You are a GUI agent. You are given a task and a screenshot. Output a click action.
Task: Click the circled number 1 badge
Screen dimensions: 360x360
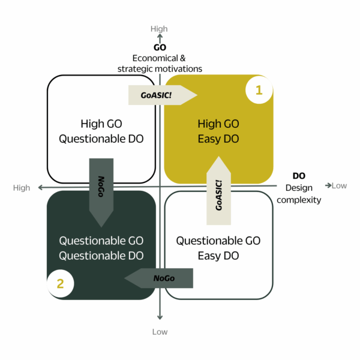pos(259,91)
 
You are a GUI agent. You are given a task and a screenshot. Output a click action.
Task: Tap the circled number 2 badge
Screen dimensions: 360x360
pos(60,283)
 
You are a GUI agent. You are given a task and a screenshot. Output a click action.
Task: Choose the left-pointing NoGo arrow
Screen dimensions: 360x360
pos(159,278)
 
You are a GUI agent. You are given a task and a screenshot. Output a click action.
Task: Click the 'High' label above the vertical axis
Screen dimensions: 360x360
pos(160,29)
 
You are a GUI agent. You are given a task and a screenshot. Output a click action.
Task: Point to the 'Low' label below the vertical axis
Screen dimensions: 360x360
pos(160,332)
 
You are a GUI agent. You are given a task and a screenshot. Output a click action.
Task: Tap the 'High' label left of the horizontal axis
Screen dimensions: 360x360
pos(22,188)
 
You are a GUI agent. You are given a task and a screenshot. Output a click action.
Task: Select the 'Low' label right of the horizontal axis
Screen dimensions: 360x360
pos(339,185)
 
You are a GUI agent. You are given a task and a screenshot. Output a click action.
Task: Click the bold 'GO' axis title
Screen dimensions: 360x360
pos(160,47)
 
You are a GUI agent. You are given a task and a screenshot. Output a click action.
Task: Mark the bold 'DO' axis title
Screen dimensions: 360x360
pos(299,176)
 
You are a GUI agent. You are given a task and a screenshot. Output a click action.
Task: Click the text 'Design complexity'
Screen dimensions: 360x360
pos(299,194)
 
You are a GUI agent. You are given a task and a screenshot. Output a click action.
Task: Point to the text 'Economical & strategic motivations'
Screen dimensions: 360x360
pos(160,64)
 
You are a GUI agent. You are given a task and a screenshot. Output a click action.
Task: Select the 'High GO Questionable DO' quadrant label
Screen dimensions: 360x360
pos(101,131)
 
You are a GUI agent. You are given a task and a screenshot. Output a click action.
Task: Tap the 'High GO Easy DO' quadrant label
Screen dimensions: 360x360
pos(218,131)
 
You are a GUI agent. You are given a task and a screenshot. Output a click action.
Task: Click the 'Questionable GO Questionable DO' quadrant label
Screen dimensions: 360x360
pos(101,248)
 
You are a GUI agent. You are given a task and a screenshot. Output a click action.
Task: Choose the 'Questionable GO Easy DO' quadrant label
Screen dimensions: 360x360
pos(218,248)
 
